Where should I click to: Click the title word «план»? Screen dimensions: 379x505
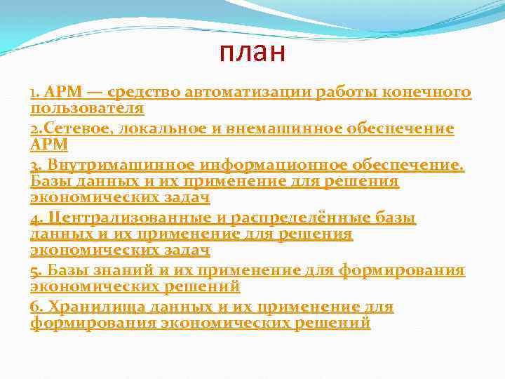click(252, 53)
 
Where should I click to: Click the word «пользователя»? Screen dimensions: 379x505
click(87, 109)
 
